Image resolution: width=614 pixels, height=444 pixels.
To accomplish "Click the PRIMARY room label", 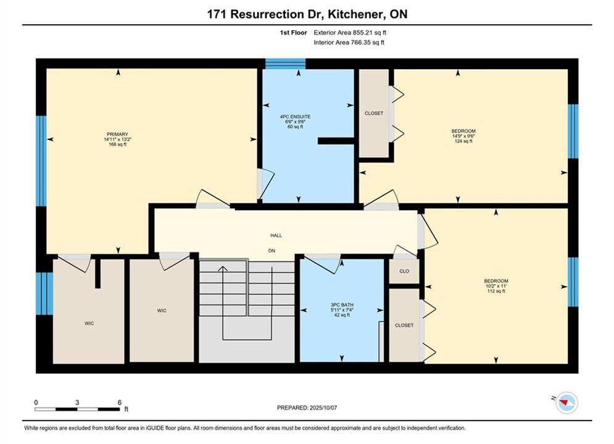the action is pos(117,134).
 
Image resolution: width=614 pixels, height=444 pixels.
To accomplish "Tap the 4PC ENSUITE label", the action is pos(295,117).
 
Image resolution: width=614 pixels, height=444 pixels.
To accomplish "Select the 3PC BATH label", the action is pos(342,305).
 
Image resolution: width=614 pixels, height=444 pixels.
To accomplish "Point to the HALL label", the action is pos(276,236).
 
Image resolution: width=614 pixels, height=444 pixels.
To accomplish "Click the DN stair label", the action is pos(272,251).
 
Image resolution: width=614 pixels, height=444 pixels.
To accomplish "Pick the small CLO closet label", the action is pos(404,271).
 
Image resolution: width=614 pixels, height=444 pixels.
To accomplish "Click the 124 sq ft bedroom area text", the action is pos(463,141).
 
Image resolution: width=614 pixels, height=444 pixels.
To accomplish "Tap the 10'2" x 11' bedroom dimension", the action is pos(496,286).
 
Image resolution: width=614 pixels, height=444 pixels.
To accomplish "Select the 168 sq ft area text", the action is pos(117,144).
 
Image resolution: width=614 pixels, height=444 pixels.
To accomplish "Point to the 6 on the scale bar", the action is pos(120,402).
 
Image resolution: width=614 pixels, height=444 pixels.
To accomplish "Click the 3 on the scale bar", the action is pos(77,402).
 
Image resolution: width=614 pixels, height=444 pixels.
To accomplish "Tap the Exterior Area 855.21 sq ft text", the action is pos(350,33).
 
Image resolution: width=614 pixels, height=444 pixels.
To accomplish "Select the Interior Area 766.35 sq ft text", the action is pos(349,43).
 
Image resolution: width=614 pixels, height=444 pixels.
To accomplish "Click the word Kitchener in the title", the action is pos(355,14).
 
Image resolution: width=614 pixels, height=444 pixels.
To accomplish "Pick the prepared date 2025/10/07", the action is pos(323,408).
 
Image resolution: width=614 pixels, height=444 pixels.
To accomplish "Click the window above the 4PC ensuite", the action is pos(286,64).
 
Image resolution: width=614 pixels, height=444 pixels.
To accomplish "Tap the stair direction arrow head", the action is pos(223,268).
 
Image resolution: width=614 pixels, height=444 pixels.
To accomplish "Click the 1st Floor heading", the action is pos(293,33).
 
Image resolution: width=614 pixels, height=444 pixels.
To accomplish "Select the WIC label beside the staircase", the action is pos(162,311).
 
